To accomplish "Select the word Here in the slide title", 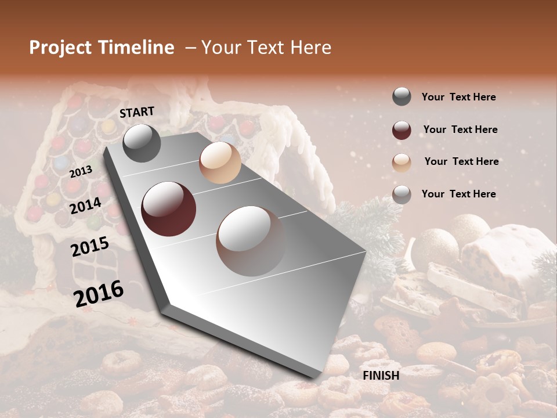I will click(311, 48).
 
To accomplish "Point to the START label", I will click(137, 112).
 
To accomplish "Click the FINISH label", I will click(381, 376).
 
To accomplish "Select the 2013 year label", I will click(81, 172).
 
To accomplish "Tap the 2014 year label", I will click(85, 206).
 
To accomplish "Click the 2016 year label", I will click(98, 294).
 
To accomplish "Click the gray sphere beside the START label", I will click(142, 143).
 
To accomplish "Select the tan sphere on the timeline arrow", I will click(220, 163).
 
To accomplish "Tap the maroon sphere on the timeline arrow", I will click(169, 209).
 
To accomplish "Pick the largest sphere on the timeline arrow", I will click(251, 240).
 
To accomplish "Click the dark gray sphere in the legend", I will click(402, 97).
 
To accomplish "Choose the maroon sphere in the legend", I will click(402, 130).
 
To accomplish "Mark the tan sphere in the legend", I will click(402, 163).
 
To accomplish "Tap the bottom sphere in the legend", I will click(402, 194).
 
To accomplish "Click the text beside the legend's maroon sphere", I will click(461, 129).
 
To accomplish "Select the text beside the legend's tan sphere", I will click(461, 161).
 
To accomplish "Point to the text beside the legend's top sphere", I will click(458, 97).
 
